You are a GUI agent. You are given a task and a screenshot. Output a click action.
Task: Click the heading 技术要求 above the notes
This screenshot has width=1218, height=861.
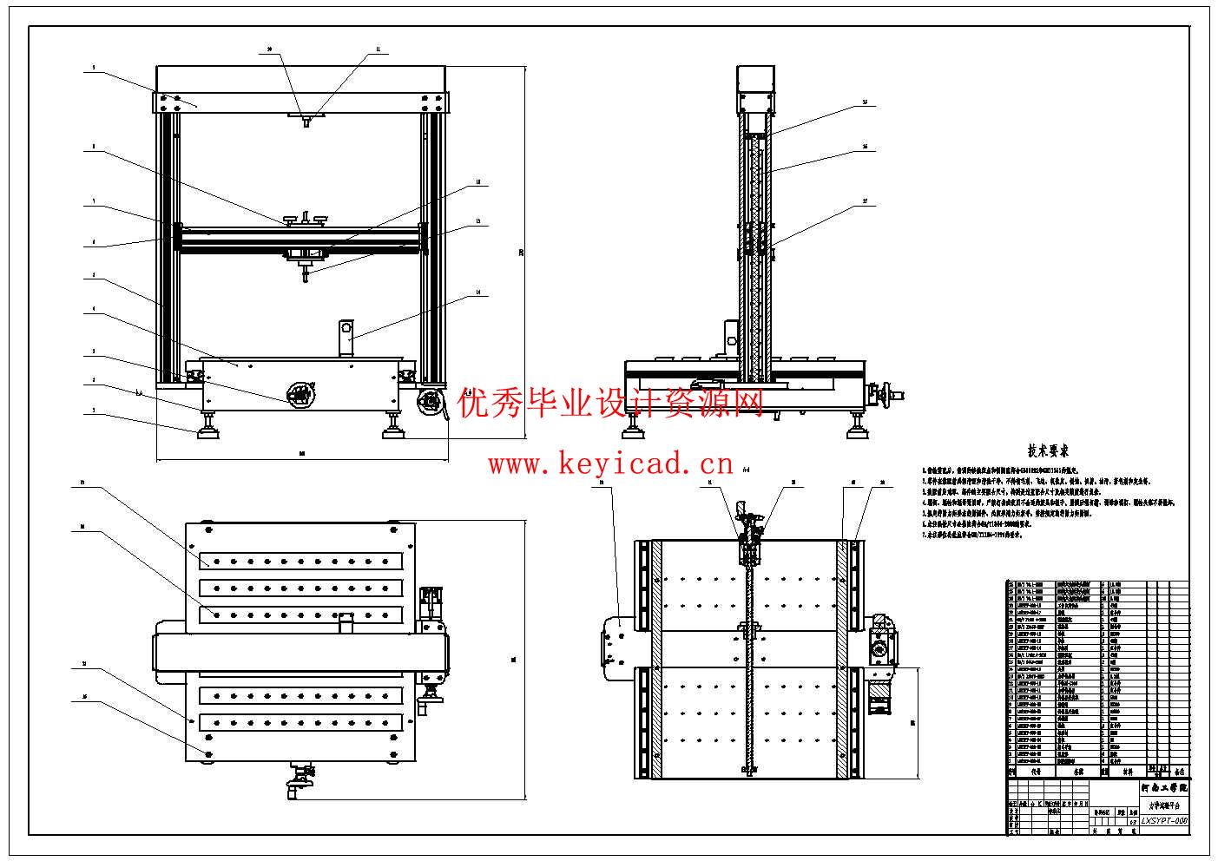pyautogui.click(x=1048, y=450)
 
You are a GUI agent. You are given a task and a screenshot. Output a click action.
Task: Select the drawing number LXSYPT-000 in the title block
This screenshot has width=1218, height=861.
pyautogui.click(x=1164, y=820)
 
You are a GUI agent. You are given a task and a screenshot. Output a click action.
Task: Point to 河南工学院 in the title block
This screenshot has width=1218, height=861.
pyautogui.click(x=1164, y=788)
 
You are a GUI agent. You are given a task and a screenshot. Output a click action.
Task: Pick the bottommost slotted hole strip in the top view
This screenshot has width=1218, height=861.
pyautogui.click(x=301, y=722)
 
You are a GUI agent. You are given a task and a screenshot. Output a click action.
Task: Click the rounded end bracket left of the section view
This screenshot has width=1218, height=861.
pyautogui.click(x=616, y=647)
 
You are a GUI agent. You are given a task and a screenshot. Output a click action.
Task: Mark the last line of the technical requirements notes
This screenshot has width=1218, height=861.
pyautogui.click(x=972, y=535)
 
